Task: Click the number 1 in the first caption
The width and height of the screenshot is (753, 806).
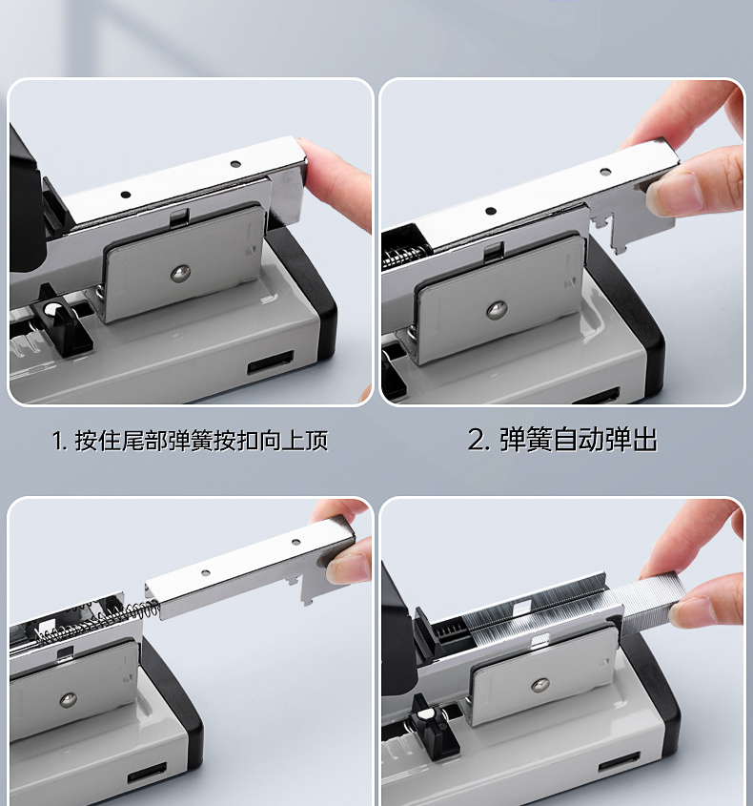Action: point(57,441)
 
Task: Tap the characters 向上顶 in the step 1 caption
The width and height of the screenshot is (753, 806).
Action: point(294,441)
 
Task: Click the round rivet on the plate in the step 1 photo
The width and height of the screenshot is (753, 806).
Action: point(180,274)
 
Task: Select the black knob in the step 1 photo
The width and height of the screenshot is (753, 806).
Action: point(57,320)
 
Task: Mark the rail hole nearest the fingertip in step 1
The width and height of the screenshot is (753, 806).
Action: point(235,164)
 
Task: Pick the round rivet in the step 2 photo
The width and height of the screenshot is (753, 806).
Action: point(497,309)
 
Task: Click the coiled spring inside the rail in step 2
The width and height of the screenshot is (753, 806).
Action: point(406,256)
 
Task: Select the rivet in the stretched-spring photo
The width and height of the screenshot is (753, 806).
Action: point(68,699)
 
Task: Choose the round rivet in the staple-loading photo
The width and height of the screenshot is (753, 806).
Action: point(539,684)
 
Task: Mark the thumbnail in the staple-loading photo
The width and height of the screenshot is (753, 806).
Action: point(691,610)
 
